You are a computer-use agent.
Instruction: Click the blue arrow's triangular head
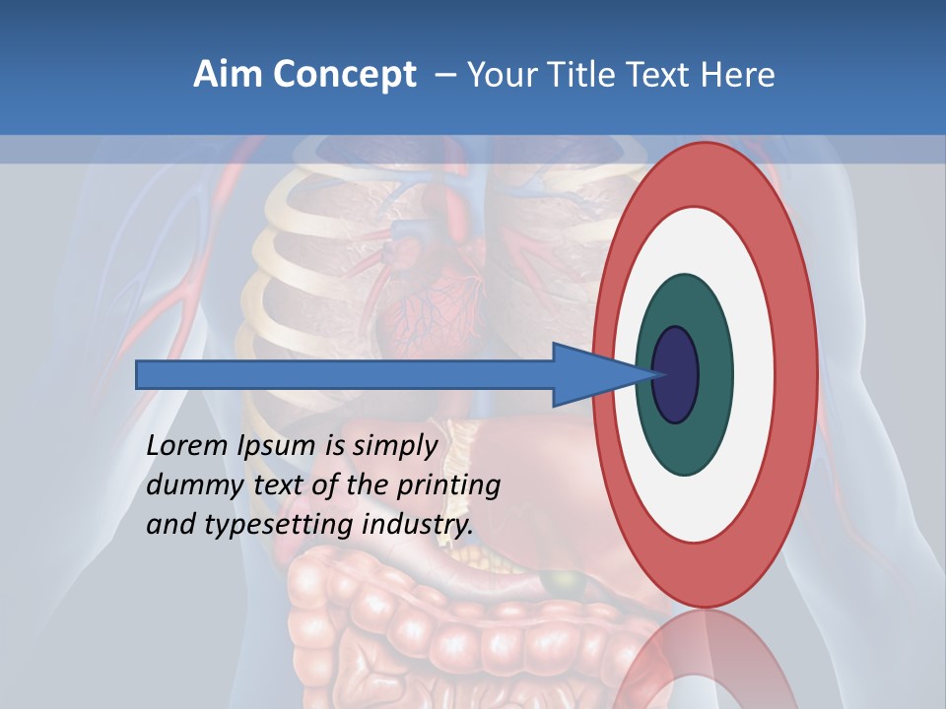point(591,374)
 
